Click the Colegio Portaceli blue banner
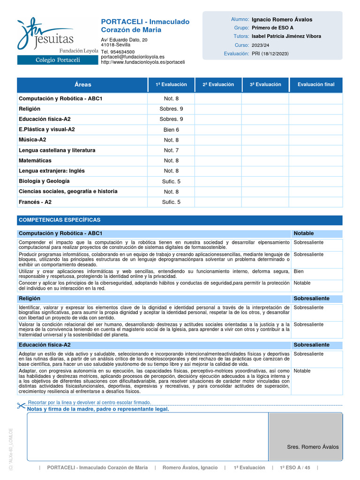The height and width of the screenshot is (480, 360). click(58, 60)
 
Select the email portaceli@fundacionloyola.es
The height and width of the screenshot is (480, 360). click(133, 57)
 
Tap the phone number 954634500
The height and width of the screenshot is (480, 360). click(123, 52)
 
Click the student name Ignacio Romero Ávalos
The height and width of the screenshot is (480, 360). click(282, 20)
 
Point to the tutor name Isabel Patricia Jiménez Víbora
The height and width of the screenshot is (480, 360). click(286, 36)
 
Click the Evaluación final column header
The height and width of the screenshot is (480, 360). click(316, 85)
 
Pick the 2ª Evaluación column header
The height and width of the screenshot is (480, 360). click(218, 85)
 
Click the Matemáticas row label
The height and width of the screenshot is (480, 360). click(35, 161)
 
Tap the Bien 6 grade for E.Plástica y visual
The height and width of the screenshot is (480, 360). click(171, 130)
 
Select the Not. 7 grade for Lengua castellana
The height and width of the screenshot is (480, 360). click(171, 150)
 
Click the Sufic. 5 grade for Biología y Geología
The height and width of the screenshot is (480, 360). click(171, 181)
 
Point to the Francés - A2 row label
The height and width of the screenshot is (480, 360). click(35, 202)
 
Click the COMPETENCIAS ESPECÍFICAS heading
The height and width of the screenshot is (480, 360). click(59, 220)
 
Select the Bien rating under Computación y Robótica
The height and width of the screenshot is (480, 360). click(299, 271)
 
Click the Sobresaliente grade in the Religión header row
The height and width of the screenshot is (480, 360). click(311, 299)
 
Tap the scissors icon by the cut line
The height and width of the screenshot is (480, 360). click(21, 405)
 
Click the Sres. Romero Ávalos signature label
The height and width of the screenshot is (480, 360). click(313, 447)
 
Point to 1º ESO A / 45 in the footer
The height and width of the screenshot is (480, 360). click(295, 468)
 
